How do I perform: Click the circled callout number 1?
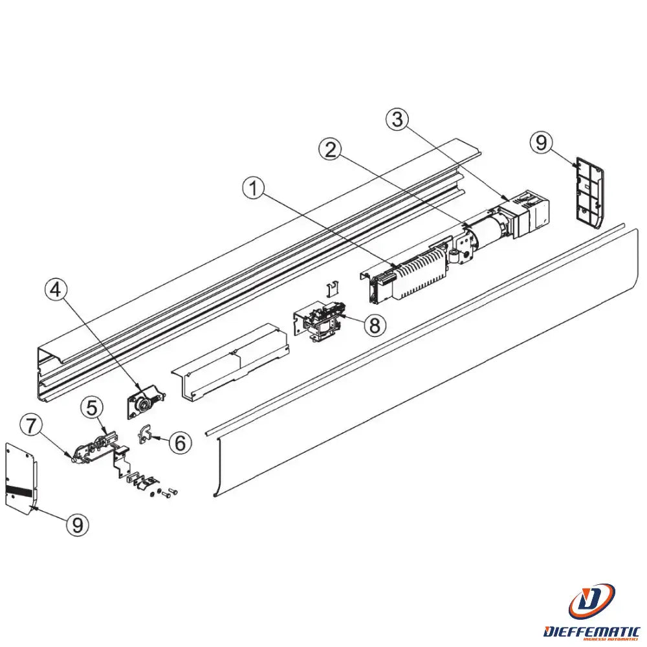255,190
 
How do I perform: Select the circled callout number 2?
331,150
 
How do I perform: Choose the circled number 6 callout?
181,443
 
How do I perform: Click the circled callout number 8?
374,325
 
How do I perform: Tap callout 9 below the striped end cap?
78,525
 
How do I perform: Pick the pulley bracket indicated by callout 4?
144,401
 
